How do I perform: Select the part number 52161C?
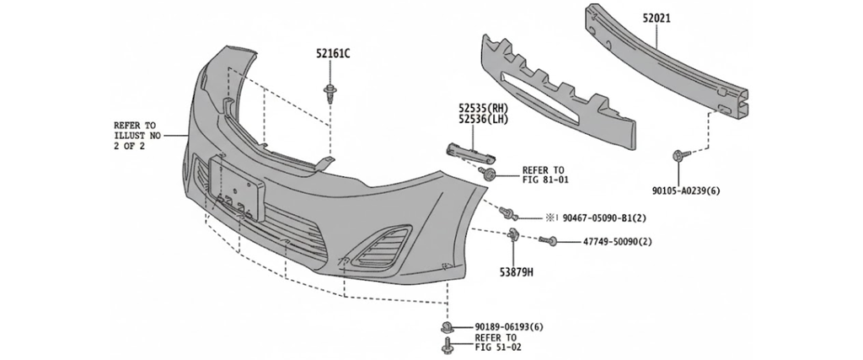click(x=332, y=54)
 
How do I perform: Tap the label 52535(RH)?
click(x=484, y=109)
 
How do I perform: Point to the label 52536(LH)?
click(x=484, y=121)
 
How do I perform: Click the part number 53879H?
click(x=515, y=272)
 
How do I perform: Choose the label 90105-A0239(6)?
click(x=686, y=191)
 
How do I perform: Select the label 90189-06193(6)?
click(x=509, y=326)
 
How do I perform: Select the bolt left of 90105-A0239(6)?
click(x=680, y=156)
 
